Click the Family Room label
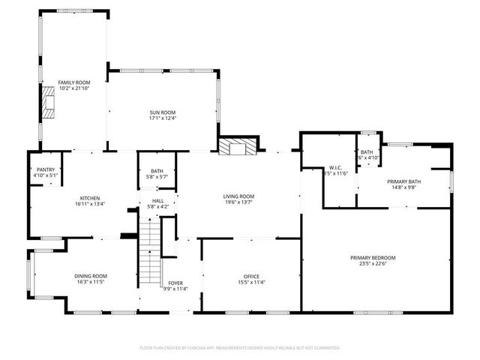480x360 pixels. tap(74, 82)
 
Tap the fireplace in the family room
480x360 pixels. tap(49, 103)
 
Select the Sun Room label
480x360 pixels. tap(162, 112)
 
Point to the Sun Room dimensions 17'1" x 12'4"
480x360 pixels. tap(162, 118)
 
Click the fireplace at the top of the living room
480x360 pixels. tap(237, 146)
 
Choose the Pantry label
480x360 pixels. tap(45, 170)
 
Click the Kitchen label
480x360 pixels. tap(90, 198)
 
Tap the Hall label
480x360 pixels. tap(157, 201)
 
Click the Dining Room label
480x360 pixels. tap(90, 276)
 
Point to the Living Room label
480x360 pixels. tap(238, 196)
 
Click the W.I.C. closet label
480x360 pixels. tap(335, 168)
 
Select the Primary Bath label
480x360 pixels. tap(403, 181)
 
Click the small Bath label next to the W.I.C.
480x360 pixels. tap(366, 152)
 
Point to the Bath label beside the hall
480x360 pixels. tap(157, 171)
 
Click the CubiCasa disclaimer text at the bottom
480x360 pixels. tap(240, 348)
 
